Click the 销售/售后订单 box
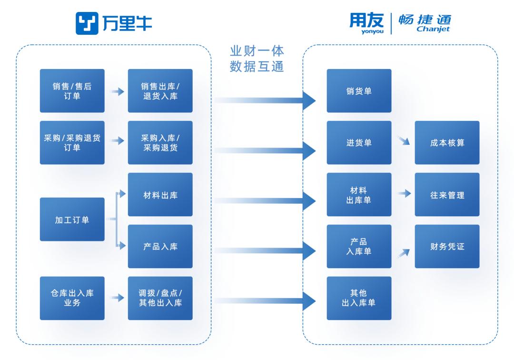72,91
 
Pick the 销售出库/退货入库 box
160,91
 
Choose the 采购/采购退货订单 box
72,143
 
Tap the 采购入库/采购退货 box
160,143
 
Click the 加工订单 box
72,220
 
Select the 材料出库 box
160,195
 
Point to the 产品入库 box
160,247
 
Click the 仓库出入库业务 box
72,298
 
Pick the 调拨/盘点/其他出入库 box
160,298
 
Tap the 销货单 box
359,91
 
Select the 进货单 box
359,143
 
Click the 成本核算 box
447,143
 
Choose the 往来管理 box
447,195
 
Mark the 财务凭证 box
447,247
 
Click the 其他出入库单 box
359,298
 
